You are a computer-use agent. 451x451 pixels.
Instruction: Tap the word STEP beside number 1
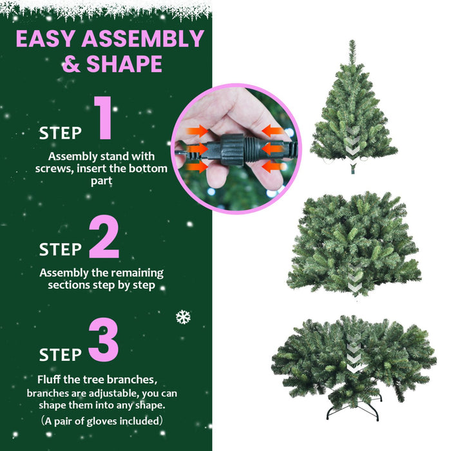(61, 133)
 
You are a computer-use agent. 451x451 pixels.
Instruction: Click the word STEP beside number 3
(61, 354)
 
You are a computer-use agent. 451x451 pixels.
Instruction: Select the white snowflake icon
(183, 317)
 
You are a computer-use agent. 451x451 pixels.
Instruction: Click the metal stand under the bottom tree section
(354, 410)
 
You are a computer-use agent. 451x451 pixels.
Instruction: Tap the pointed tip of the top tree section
(352, 44)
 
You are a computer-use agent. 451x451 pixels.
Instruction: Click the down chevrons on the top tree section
(352, 140)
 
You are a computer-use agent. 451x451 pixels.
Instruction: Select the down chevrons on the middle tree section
(355, 278)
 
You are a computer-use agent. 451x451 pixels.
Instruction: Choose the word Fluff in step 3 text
(51, 379)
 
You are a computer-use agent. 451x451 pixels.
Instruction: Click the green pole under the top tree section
(352, 169)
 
